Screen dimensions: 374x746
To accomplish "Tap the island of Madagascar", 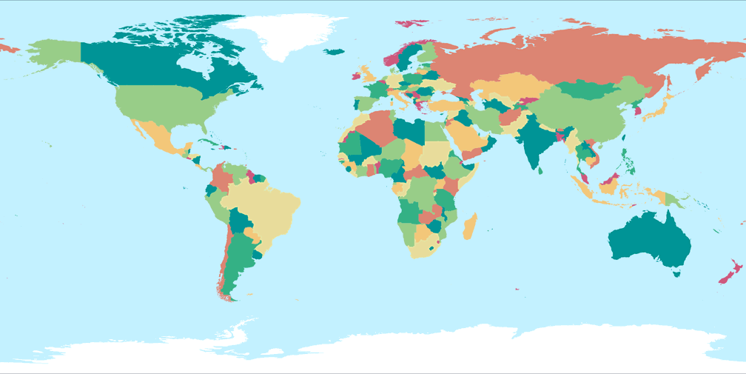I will coord(469,226).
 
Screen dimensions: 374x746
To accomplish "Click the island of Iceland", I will coord(335,52).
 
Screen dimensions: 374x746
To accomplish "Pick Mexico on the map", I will coord(159,137).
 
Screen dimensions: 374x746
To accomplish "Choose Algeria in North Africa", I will coord(377,126).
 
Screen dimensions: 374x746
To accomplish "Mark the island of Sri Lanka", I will coord(541,170).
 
